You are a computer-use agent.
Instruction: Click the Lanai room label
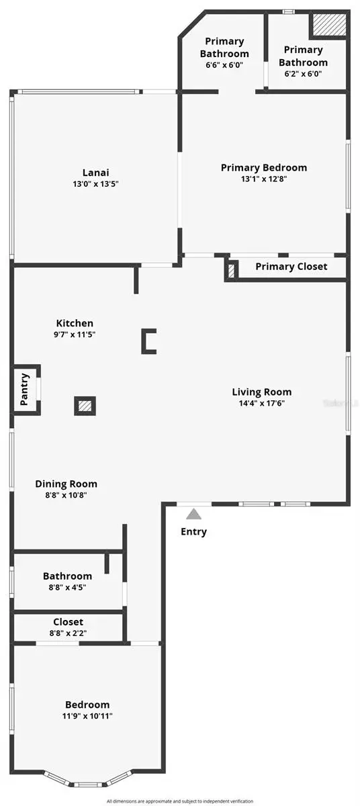point(95,171)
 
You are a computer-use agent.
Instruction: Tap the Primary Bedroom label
point(264,167)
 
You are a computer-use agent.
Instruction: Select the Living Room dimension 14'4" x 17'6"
point(262,404)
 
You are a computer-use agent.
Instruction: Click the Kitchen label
point(75,323)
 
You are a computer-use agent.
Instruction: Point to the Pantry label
point(24,389)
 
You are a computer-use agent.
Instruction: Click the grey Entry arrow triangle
point(194,514)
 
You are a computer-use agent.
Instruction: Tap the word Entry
point(194,532)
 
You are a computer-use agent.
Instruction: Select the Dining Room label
point(66,484)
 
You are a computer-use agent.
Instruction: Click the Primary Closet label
point(291,267)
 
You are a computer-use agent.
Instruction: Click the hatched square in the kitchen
point(85,406)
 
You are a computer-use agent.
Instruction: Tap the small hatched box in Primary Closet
point(232,270)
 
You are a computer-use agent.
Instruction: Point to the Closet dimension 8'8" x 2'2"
point(69,633)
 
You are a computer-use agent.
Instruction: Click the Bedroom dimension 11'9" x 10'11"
point(87,716)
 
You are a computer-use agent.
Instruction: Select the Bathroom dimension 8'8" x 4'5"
point(67,587)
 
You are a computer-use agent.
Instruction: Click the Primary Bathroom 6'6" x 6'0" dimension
point(224,65)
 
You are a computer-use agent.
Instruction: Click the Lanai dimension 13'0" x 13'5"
point(95,183)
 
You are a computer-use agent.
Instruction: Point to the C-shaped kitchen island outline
point(148,341)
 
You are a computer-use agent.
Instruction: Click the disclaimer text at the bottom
point(180,801)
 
